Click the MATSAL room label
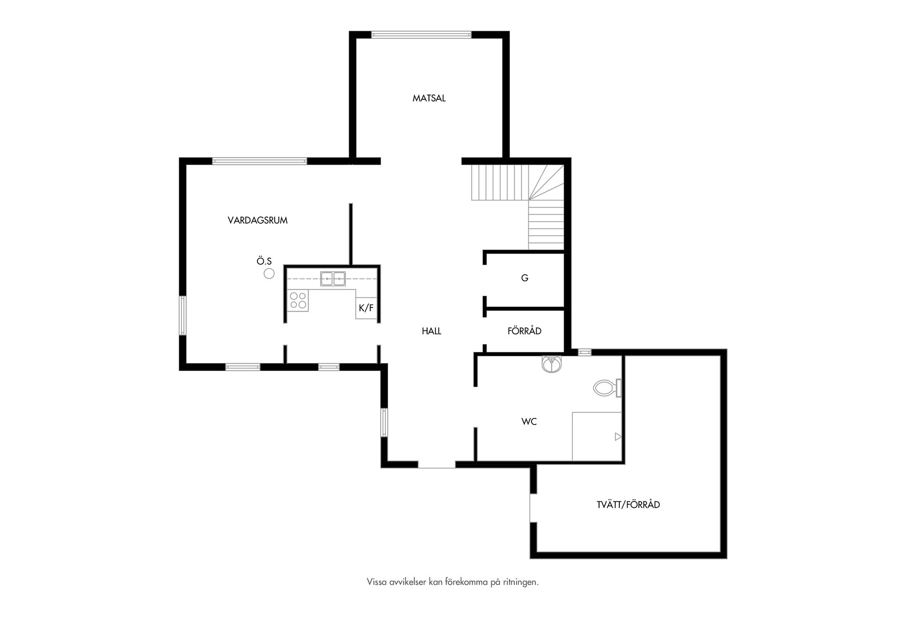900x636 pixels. (x=429, y=98)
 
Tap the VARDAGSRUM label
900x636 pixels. (x=257, y=220)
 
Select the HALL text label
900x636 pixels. (x=431, y=331)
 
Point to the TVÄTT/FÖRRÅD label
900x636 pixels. (x=628, y=505)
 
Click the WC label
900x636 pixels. (x=529, y=422)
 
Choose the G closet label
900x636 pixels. (x=525, y=278)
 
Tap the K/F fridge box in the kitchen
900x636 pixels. (x=366, y=308)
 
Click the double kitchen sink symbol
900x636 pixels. (x=333, y=279)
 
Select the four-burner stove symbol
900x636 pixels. (x=298, y=300)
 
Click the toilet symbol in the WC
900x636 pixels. (x=607, y=388)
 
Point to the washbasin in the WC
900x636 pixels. (x=551, y=364)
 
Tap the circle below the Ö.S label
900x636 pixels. (x=269, y=274)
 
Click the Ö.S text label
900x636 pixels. (x=264, y=262)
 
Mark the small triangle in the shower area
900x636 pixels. (x=618, y=437)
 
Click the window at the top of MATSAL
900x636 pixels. (x=421, y=34)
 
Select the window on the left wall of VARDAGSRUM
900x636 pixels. (x=183, y=315)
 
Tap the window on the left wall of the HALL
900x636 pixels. (x=384, y=422)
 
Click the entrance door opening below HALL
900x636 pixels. (x=436, y=464)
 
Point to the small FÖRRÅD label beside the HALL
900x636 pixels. (x=525, y=331)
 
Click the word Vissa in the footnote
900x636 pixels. (x=377, y=582)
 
